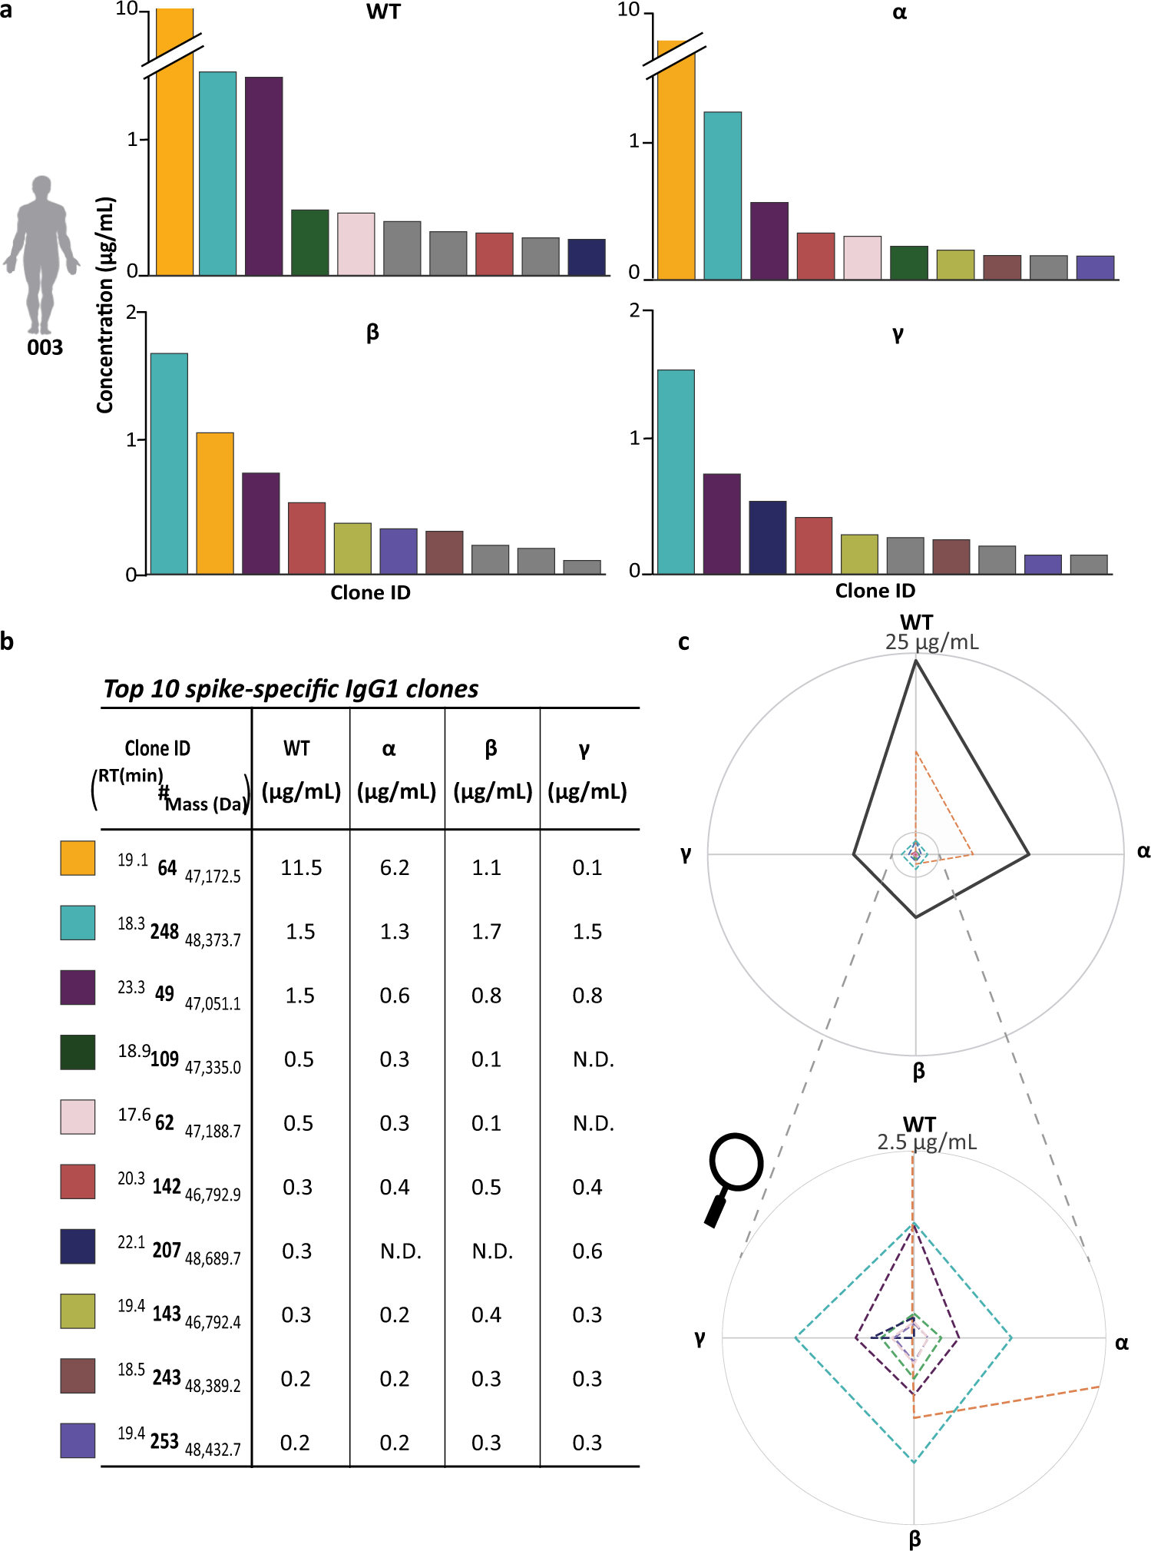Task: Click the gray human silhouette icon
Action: (41, 254)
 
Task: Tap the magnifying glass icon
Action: (733, 1176)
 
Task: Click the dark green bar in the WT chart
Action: (309, 242)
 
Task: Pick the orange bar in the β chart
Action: (215, 503)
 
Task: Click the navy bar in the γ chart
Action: (767, 537)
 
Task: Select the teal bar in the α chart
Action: (723, 196)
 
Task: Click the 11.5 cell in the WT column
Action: (301, 868)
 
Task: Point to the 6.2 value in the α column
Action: (395, 868)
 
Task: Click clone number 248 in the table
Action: (164, 932)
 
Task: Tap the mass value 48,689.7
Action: (213, 1258)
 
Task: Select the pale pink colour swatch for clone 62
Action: (78, 1116)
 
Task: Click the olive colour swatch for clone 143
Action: (78, 1311)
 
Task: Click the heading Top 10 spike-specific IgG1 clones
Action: (291, 689)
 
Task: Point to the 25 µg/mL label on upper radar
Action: (931, 642)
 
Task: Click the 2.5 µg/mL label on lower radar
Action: (927, 1142)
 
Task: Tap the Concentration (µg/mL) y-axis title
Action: (105, 305)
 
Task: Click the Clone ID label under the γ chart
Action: (875, 591)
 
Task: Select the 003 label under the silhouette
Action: (45, 348)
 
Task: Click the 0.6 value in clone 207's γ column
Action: (587, 1251)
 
